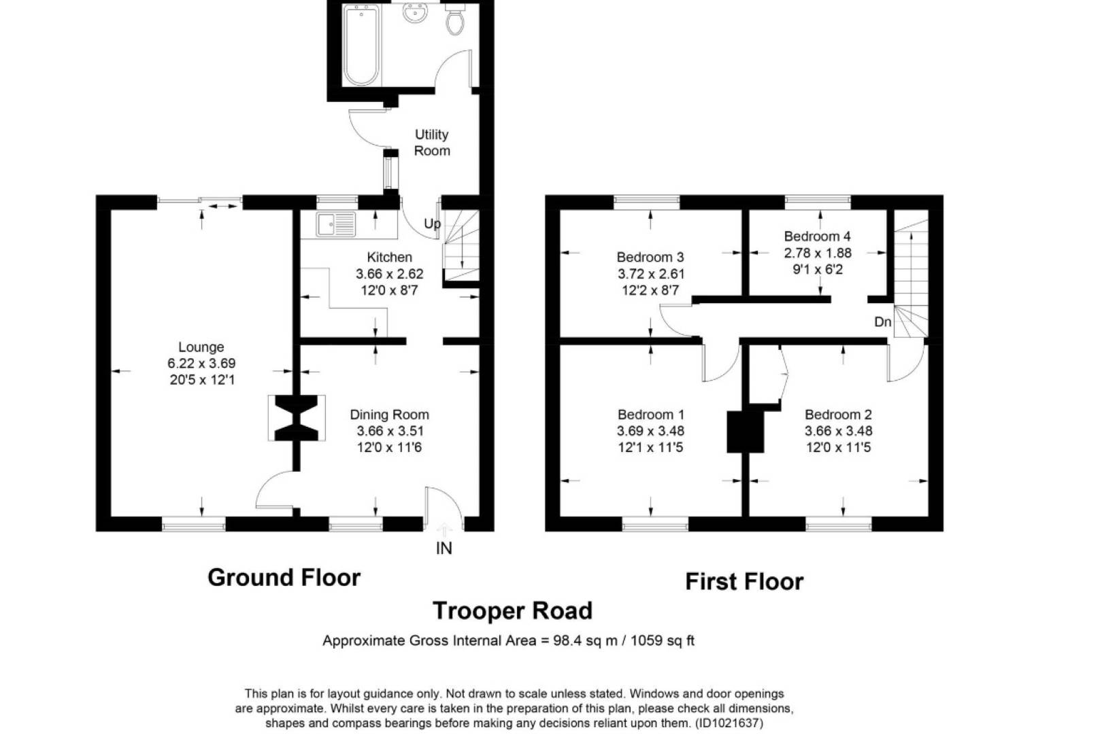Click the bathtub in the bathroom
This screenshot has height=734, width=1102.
click(x=361, y=45)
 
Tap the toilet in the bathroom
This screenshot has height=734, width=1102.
click(x=455, y=20)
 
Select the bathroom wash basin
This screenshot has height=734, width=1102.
click(x=414, y=13)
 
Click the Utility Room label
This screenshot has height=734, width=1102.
click(x=432, y=143)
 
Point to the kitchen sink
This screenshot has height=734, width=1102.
click(x=335, y=224)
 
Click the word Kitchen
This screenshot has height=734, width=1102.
click(x=389, y=258)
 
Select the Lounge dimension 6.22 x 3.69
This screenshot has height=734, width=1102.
click(x=201, y=364)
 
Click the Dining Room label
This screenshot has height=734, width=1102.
click(x=389, y=415)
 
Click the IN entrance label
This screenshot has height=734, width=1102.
click(x=444, y=548)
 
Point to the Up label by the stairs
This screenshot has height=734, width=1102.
click(x=432, y=224)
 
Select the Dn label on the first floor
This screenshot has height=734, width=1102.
click(x=882, y=322)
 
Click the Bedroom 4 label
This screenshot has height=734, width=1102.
click(x=817, y=237)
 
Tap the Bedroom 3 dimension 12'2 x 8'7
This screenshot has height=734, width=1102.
click(x=650, y=290)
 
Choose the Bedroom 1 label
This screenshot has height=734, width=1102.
click(x=650, y=415)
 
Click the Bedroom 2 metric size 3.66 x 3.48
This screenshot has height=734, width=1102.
click(x=838, y=431)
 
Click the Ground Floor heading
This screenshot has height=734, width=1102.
click(x=284, y=578)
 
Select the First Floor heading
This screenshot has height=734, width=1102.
click(x=744, y=582)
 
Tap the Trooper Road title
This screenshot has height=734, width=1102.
click(x=512, y=611)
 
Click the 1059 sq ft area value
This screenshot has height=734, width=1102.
click(x=662, y=641)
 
